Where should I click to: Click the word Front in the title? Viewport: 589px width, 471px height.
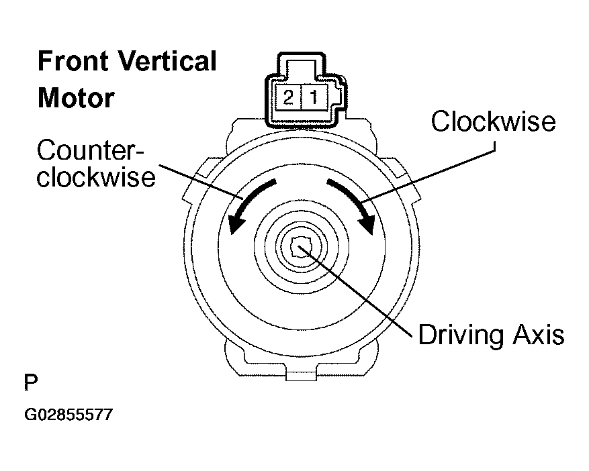point(73,61)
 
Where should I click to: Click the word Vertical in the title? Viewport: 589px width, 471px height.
point(167,61)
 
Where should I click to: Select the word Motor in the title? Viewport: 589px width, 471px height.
point(77,98)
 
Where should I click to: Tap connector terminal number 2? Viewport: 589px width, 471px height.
point(289,98)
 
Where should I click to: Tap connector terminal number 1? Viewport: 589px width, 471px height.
point(314,98)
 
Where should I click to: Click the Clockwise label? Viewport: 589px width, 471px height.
point(493,121)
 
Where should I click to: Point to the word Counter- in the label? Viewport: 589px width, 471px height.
point(91,151)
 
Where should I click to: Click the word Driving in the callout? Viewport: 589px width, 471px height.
point(461,335)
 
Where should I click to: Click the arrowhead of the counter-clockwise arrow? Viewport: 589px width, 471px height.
point(236,223)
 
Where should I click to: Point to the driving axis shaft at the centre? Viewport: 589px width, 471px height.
point(302,248)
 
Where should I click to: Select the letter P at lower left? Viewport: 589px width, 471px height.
point(31,382)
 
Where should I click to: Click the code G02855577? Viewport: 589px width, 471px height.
point(69,415)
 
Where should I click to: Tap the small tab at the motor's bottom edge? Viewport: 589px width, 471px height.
point(300,374)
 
